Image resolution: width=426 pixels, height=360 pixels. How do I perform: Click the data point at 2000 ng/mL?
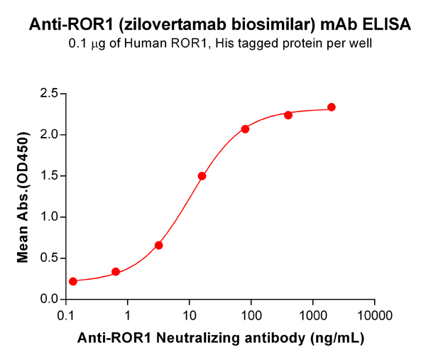[332, 107]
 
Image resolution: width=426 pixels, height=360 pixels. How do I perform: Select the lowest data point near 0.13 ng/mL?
[73, 281]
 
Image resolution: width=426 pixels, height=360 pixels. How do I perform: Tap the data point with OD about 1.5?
[202, 176]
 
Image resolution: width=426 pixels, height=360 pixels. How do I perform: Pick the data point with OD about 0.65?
[159, 245]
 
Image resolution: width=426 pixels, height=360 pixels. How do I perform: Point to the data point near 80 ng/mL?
[245, 129]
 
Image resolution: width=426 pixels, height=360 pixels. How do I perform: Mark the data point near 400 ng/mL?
[288, 115]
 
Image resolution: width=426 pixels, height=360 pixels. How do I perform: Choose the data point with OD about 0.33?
[116, 272]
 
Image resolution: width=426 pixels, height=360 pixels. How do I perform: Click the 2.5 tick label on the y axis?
[49, 93]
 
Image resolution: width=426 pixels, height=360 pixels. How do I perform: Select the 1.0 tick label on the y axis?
[49, 217]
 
